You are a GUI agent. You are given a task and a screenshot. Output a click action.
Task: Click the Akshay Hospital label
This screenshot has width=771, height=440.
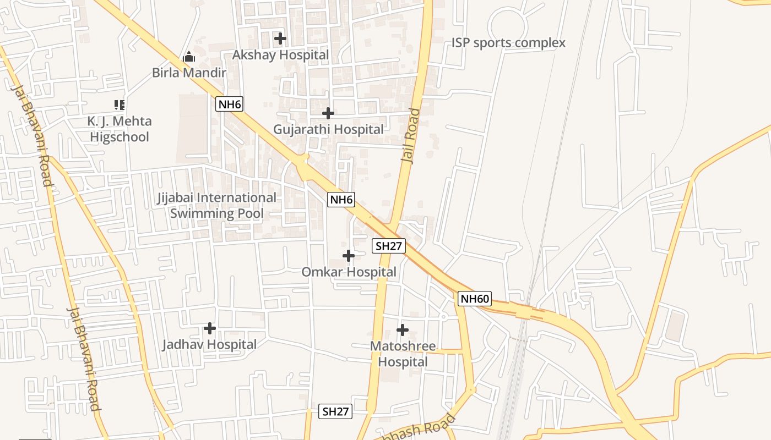[x=280, y=55]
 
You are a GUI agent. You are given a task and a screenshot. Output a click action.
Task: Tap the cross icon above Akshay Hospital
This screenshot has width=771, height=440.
[x=280, y=38]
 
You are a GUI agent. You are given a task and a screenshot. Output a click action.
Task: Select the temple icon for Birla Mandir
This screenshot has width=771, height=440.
[x=189, y=57]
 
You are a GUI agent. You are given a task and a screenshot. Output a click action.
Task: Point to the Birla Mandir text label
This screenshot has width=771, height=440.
[x=189, y=73]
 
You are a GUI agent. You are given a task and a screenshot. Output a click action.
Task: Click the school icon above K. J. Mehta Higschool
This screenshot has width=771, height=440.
[x=120, y=105]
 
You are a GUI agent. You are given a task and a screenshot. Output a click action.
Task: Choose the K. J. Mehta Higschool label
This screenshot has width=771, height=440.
[x=120, y=129]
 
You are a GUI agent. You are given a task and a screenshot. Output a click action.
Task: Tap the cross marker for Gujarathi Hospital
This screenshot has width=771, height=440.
[x=328, y=113]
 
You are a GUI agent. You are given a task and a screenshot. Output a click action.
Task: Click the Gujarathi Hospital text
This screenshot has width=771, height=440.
[x=328, y=130]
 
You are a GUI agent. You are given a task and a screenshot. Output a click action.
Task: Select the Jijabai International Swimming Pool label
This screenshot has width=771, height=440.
[x=217, y=205]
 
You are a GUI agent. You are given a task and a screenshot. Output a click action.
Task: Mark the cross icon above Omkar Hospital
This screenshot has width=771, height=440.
[x=349, y=256]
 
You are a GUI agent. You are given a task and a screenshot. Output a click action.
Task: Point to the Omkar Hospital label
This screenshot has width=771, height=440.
[x=349, y=272]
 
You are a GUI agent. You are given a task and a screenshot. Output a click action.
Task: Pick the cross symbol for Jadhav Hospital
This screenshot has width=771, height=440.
[x=210, y=328]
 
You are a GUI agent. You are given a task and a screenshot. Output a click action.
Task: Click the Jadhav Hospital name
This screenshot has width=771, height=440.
[x=209, y=345]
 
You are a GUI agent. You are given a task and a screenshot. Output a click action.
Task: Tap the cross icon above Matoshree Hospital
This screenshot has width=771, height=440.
[x=403, y=330]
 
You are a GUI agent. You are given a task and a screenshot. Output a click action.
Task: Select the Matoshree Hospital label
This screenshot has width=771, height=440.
[x=403, y=354]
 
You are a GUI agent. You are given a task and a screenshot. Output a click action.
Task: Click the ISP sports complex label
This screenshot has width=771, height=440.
[x=508, y=43]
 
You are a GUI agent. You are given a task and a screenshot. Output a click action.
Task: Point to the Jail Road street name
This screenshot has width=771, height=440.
[x=411, y=135]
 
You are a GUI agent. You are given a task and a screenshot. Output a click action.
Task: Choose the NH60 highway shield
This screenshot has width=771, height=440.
[x=475, y=299]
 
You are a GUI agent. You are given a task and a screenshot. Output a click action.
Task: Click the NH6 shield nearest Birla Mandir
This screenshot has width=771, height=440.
[x=229, y=104]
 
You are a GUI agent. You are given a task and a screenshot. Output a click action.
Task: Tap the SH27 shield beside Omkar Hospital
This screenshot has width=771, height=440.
[x=389, y=246]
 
